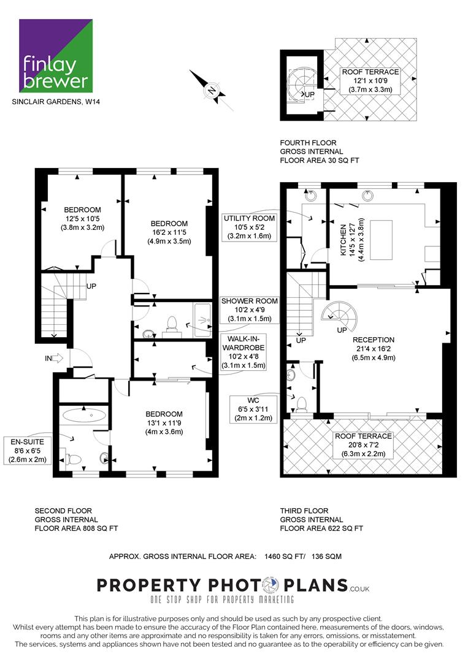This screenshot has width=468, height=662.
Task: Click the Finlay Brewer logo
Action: (x=56, y=55)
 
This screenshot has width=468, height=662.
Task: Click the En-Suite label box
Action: (x=28, y=451)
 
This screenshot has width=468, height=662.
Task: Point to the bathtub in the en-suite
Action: (x=85, y=416)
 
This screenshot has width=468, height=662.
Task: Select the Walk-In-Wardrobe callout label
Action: (x=244, y=352)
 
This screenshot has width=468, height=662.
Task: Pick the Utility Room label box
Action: (x=250, y=227)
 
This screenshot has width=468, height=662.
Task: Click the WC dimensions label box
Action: (x=253, y=409)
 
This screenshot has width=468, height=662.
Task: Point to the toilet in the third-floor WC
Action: (x=302, y=405)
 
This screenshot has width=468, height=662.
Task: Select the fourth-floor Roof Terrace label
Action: (x=370, y=81)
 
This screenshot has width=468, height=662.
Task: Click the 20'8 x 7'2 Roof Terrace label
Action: (x=364, y=445)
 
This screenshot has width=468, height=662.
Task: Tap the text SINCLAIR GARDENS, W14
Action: (x=56, y=101)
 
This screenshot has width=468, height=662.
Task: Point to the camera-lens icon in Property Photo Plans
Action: (x=270, y=585)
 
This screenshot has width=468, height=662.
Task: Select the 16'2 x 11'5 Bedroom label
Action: (x=169, y=232)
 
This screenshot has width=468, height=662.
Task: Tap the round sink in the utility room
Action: (x=312, y=196)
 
